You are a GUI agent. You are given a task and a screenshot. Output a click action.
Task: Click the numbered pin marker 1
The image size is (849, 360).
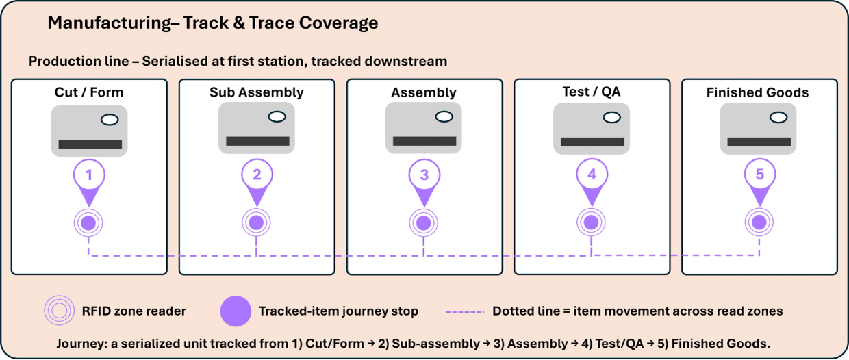89,182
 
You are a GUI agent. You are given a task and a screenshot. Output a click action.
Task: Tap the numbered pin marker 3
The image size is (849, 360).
424,182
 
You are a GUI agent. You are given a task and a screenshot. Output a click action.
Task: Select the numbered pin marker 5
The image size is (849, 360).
759,181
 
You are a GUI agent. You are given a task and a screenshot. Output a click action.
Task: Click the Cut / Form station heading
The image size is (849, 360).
89,92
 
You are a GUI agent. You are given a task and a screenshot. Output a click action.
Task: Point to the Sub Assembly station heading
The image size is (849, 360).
257,92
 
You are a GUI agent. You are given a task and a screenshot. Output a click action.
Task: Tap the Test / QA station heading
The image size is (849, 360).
592,91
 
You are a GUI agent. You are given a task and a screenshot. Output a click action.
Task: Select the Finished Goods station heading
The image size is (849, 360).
757,92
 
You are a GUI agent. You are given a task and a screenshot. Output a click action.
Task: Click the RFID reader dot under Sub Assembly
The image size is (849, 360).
256,222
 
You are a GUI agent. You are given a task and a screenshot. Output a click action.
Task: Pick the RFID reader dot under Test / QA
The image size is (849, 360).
591,222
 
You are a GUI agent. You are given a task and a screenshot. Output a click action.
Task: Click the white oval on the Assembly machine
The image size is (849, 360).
444,117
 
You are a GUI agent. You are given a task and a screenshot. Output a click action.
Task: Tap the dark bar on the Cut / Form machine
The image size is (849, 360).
90,144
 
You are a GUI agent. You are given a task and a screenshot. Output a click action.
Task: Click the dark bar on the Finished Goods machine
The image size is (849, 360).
759,142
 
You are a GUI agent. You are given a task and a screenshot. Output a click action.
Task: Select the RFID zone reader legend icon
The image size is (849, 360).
59,310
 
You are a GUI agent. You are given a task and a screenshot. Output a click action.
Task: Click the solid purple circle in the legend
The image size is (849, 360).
236,311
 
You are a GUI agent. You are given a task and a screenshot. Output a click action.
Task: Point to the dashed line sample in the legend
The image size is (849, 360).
465,312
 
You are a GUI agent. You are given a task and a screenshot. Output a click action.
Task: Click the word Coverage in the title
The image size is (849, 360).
338,23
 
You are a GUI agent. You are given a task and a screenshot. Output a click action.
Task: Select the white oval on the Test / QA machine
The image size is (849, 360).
611,118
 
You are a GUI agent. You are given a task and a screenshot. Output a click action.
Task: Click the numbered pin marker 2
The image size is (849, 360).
257,182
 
